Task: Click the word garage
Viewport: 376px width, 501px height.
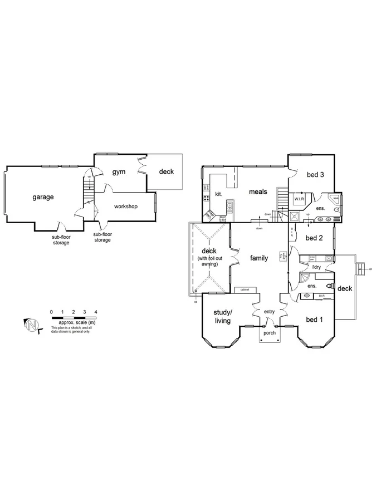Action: click(42, 197)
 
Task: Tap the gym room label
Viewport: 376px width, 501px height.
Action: click(119, 172)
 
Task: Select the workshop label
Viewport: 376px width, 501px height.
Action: click(125, 207)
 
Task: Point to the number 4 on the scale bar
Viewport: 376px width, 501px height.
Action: click(96, 312)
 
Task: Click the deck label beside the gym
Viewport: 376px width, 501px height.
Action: click(166, 171)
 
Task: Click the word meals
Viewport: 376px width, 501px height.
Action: click(258, 192)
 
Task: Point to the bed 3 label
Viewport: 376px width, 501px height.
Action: click(315, 175)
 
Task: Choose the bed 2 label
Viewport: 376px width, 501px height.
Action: click(315, 238)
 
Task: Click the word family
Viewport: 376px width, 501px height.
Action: click(258, 258)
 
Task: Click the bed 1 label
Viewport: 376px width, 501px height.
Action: click(314, 320)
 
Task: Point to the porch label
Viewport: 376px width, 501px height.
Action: click(270, 333)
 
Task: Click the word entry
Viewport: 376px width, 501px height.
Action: click(270, 312)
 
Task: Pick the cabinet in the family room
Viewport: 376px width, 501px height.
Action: click(245, 290)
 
